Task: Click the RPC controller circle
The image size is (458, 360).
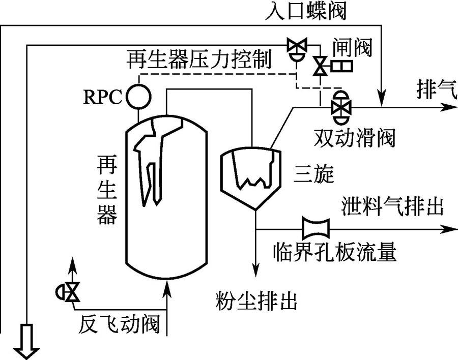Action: [139, 96]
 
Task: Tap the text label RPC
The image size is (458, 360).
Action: [102, 97]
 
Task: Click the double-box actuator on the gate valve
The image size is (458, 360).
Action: [342, 66]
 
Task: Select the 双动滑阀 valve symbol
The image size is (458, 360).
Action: [341, 107]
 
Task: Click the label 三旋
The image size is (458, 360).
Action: [313, 174]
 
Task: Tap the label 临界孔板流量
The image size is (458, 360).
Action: [335, 251]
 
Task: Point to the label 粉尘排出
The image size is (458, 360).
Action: [256, 301]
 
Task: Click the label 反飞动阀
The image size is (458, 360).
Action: [119, 323]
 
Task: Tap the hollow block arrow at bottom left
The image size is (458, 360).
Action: [26, 341]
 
